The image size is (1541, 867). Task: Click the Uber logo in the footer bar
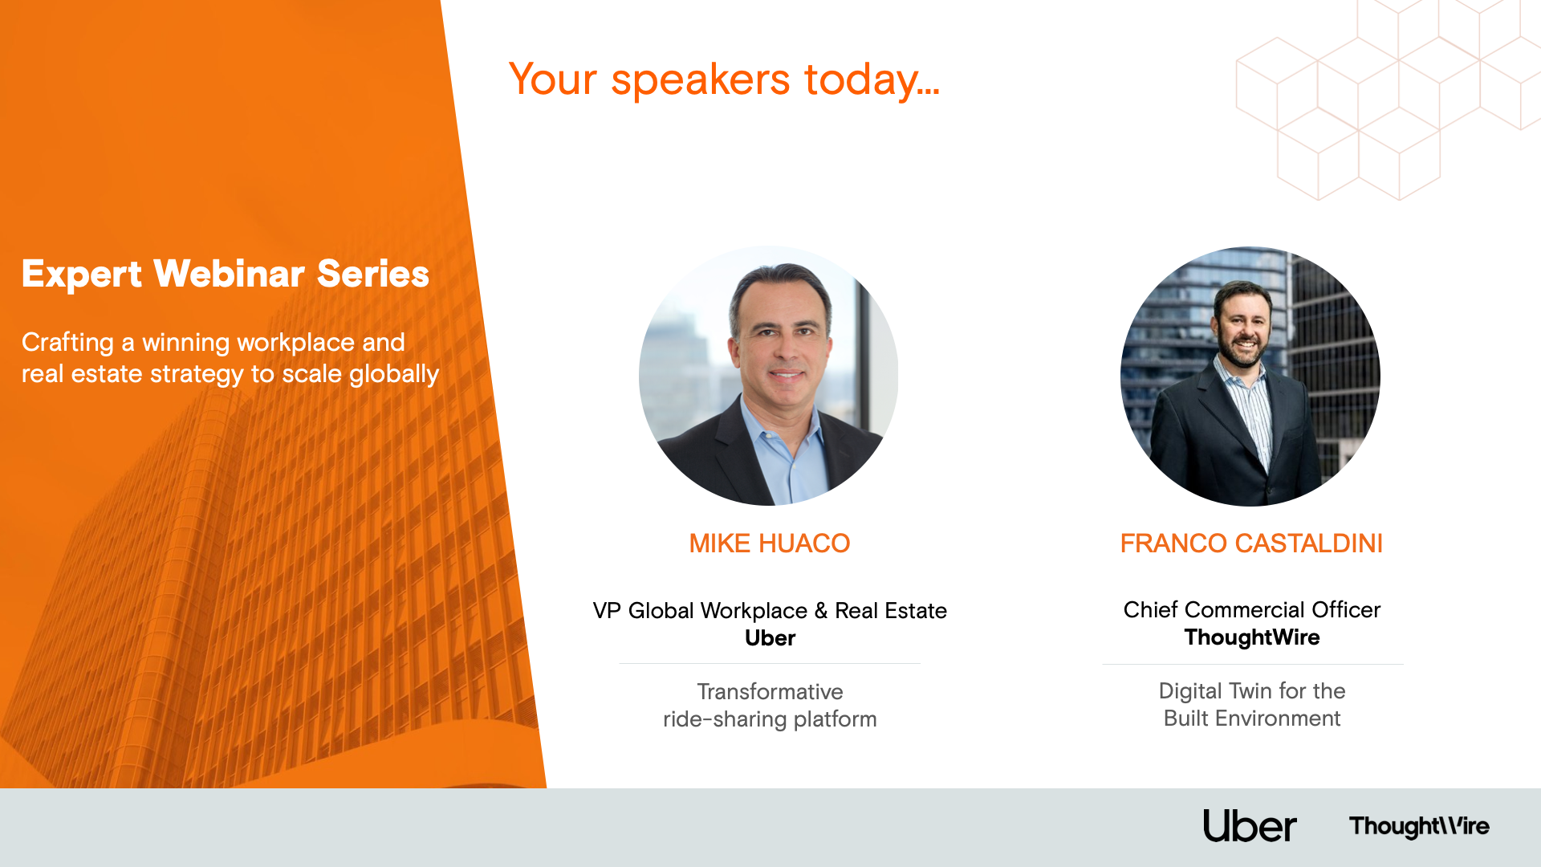click(x=1250, y=826)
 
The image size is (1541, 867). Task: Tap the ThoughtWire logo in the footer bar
click(x=1419, y=826)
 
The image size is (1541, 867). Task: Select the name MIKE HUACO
click(x=769, y=543)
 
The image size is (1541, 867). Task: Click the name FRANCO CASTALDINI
click(x=1251, y=543)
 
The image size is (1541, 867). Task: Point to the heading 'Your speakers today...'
click(x=724, y=79)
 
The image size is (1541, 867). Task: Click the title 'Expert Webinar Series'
click(x=226, y=274)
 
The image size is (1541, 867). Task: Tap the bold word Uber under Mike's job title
click(x=770, y=638)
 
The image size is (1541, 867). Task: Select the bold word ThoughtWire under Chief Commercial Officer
click(x=1252, y=637)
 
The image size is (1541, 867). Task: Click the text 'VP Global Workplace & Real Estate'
click(x=770, y=611)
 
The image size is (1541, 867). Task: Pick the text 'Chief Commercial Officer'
click(x=1252, y=610)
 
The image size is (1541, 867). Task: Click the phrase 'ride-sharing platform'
click(x=770, y=719)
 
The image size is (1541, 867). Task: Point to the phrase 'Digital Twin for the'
click(x=1252, y=691)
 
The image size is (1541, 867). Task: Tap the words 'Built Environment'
click(x=1252, y=718)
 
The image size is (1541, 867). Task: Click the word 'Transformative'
click(x=770, y=692)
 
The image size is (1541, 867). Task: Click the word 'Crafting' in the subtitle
click(x=67, y=344)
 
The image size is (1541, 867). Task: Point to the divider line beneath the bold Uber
click(x=770, y=664)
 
